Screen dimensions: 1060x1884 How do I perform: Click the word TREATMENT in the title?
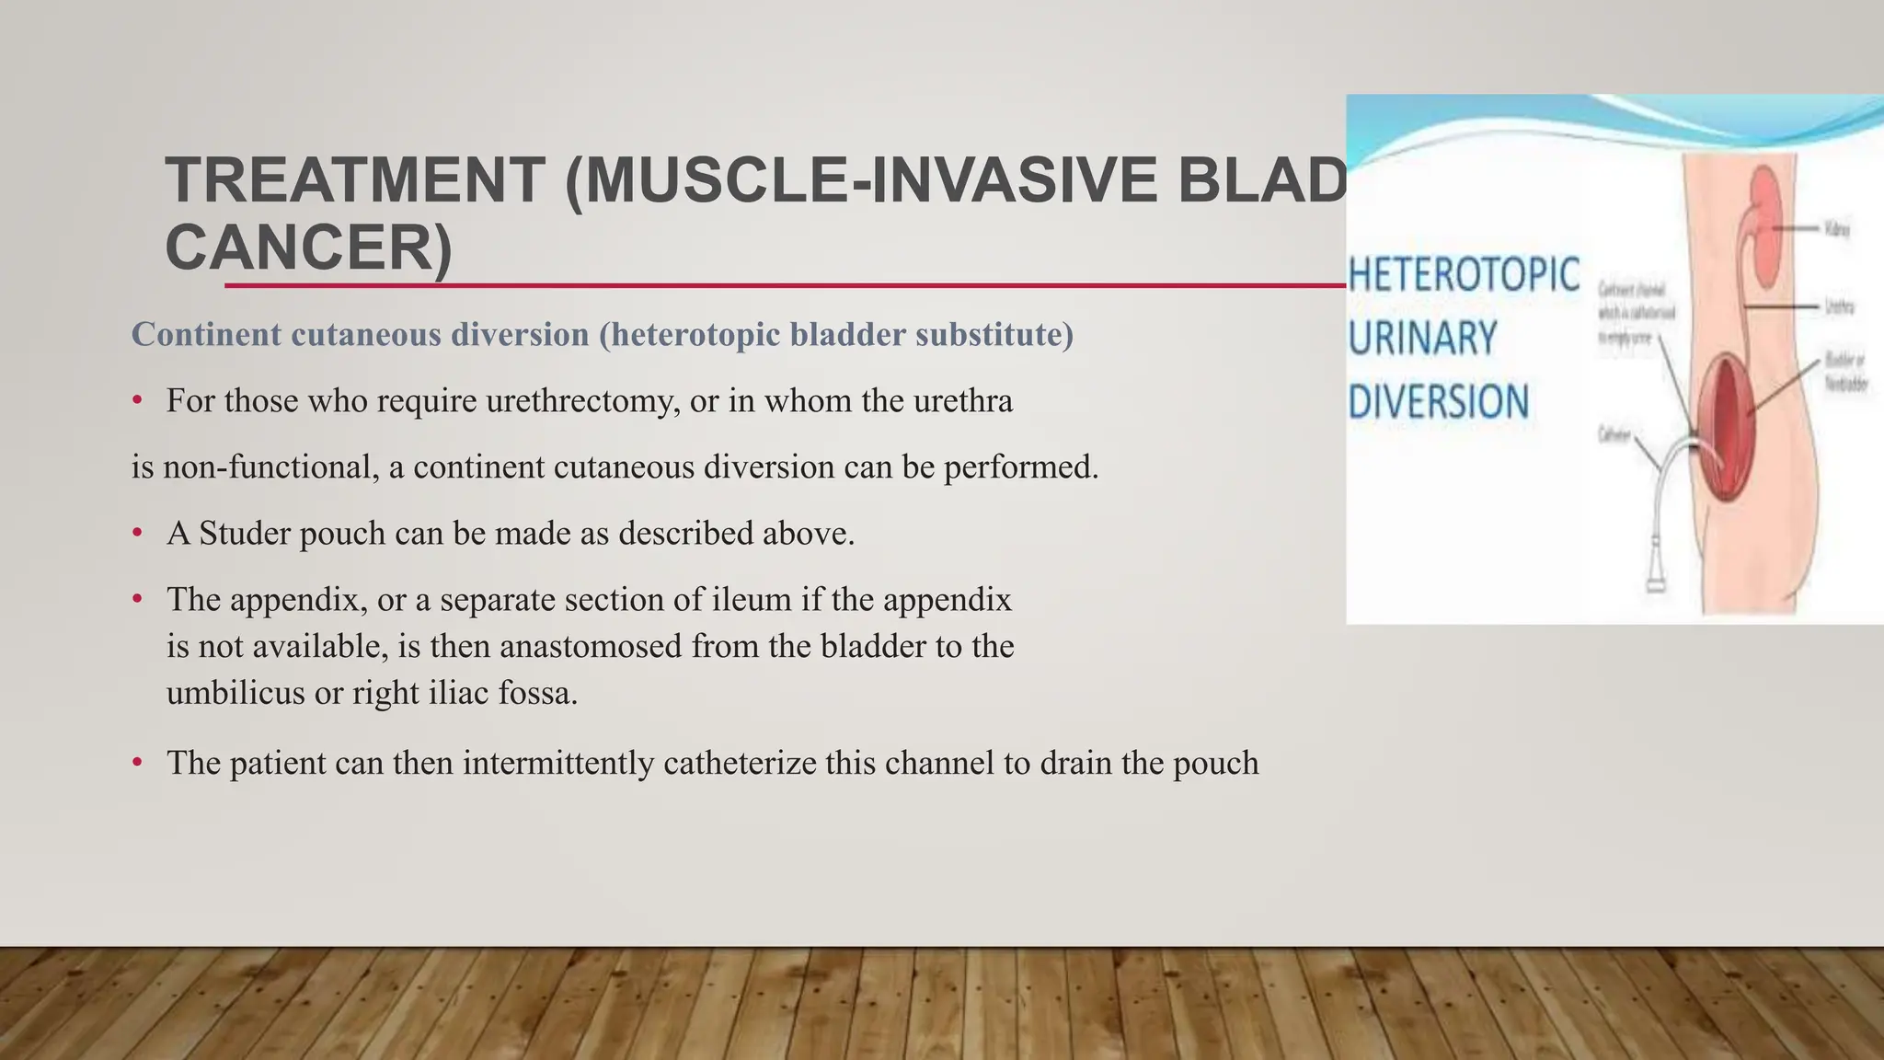click(355, 180)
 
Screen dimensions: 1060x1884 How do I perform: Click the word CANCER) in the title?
click(309, 248)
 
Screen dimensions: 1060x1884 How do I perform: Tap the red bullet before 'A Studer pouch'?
click(137, 533)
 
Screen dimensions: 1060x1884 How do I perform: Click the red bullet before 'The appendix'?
click(137, 599)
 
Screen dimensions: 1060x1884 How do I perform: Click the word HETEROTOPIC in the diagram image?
click(1464, 276)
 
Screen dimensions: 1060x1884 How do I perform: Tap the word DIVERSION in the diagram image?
click(1438, 403)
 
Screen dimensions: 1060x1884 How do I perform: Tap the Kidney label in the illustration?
click(1836, 228)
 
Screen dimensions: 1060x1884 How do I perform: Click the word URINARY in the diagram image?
click(1422, 339)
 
